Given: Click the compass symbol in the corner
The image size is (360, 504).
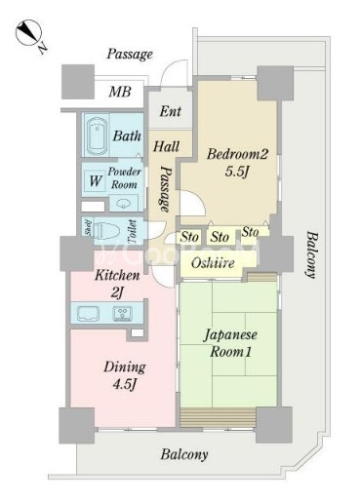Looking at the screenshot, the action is [x=28, y=33].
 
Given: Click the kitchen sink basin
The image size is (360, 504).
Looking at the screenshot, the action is [x=88, y=313].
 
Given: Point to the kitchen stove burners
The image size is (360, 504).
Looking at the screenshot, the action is [x=123, y=313].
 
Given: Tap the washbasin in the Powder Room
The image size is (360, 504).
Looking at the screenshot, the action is [x=124, y=204].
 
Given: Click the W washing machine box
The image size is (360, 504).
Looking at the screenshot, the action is [x=95, y=181].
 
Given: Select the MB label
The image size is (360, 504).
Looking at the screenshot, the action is [x=120, y=92].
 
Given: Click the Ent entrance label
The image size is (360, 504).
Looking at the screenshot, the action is [x=171, y=111].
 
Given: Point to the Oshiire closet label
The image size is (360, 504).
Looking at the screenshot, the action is [x=213, y=262].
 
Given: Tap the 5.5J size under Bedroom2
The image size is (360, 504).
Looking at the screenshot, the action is [x=237, y=171].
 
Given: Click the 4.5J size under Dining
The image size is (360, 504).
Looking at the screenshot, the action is [x=124, y=384].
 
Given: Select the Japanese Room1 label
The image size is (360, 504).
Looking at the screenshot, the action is [x=230, y=343].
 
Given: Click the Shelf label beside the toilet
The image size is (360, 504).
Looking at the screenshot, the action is [x=88, y=227].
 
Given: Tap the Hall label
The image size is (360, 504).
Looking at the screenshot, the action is [x=166, y=146].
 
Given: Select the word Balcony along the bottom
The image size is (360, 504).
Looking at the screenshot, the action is [x=184, y=454].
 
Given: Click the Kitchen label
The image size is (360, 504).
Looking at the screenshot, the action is [x=117, y=275].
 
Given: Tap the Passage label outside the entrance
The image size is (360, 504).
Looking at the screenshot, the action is [x=130, y=54].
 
